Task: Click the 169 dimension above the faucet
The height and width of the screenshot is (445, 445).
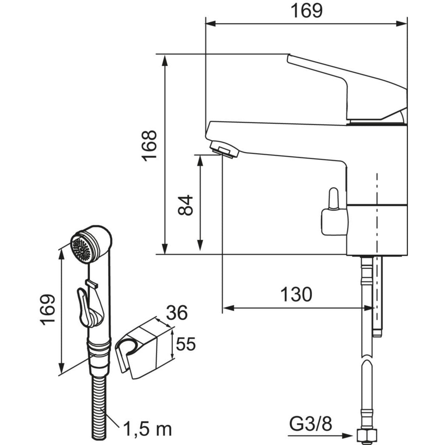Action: click(306, 11)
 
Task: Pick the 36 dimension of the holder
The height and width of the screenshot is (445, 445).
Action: click(176, 313)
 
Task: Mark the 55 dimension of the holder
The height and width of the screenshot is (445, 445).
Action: click(185, 345)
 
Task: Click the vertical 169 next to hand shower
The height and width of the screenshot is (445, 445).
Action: click(48, 310)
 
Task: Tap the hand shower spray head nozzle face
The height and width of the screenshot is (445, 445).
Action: click(82, 248)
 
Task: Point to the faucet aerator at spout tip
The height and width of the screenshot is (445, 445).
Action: click(224, 150)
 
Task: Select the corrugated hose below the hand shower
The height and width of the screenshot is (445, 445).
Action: click(99, 400)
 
